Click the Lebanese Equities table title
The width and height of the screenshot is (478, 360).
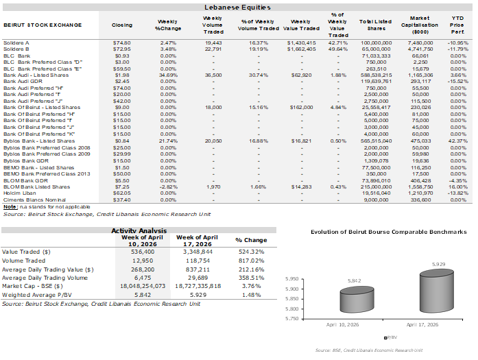(x=237, y=7)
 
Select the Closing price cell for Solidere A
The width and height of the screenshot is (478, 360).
(x=122, y=43)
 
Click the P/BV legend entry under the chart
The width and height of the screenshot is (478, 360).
(x=390, y=338)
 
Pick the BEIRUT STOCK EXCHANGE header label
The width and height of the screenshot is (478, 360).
(x=42, y=25)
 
